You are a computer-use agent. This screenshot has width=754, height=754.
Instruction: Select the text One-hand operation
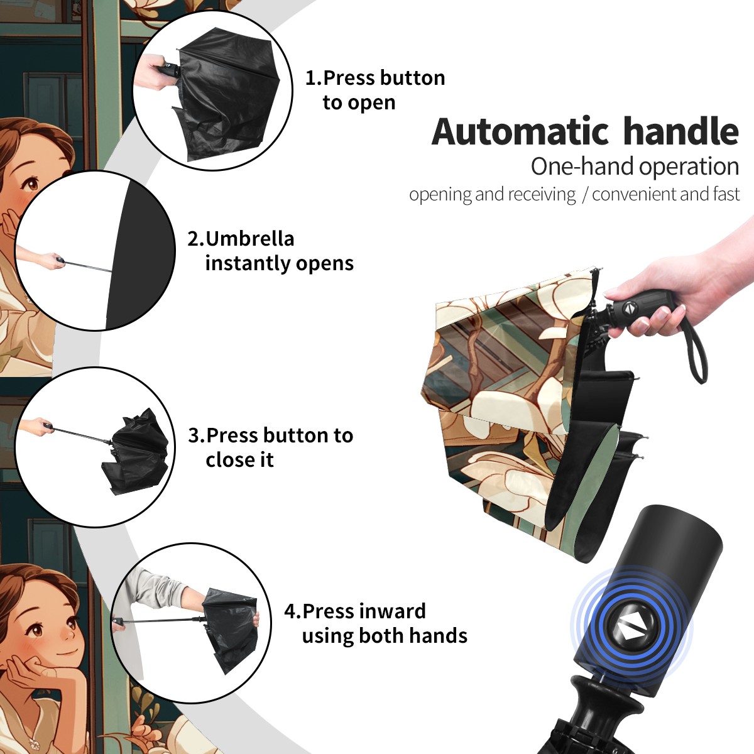pyautogui.click(x=635, y=167)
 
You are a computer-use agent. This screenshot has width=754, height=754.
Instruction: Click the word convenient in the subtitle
pyautogui.click(x=634, y=194)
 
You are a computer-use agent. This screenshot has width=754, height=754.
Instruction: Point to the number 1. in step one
pyautogui.click(x=314, y=78)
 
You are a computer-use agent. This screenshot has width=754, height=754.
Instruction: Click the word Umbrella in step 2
pyautogui.click(x=249, y=239)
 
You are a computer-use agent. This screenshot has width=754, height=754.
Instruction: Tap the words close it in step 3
pyautogui.click(x=239, y=459)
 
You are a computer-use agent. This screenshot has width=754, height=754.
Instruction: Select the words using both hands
pyautogui.click(x=385, y=635)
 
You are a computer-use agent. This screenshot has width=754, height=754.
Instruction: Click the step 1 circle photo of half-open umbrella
pyautogui.click(x=212, y=90)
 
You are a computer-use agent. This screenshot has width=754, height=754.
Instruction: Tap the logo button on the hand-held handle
pyautogui.click(x=629, y=307)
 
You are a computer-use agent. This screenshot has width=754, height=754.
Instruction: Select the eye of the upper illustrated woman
pyautogui.click(x=32, y=183)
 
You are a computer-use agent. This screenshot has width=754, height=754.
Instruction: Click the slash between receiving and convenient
pyautogui.click(x=584, y=194)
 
